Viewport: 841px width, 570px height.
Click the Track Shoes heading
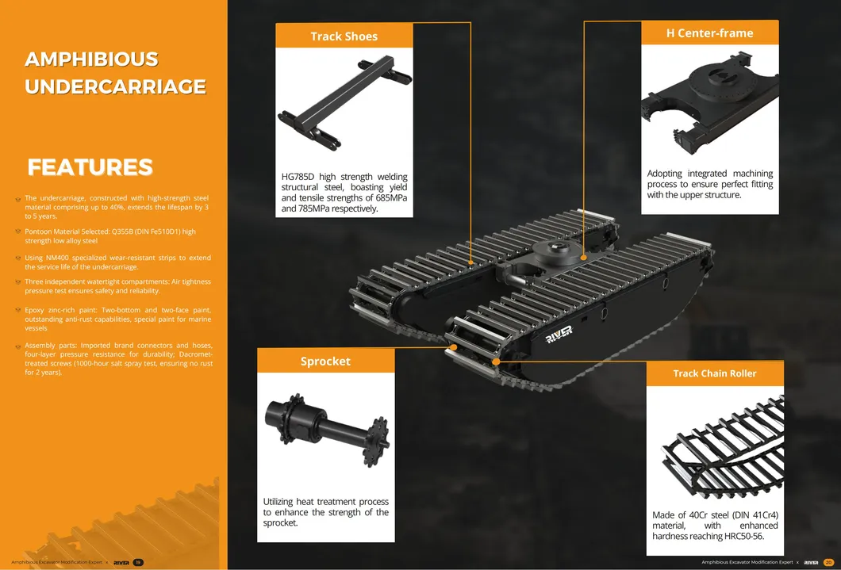pyautogui.click(x=344, y=36)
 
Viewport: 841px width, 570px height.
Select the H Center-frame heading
pyautogui.click(x=709, y=33)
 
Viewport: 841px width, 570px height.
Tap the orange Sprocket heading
pyautogui.click(x=325, y=362)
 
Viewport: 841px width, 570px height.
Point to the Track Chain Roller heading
pyautogui.click(x=714, y=373)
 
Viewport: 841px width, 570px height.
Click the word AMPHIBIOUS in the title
pyautogui.click(x=92, y=60)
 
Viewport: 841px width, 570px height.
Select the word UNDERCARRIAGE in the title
pyautogui.click(x=116, y=87)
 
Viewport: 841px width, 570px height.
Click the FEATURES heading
pyautogui.click(x=90, y=167)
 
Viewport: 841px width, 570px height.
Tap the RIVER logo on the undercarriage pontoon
pyautogui.click(x=559, y=335)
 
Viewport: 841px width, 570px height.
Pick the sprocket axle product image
pyautogui.click(x=325, y=429)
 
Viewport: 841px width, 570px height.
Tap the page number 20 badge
pyautogui.click(x=828, y=562)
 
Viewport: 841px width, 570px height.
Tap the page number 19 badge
pyautogui.click(x=138, y=562)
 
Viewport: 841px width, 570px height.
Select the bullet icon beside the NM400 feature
pyautogui.click(x=18, y=258)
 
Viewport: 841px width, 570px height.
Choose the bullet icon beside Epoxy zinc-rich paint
pyautogui.click(x=18, y=310)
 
